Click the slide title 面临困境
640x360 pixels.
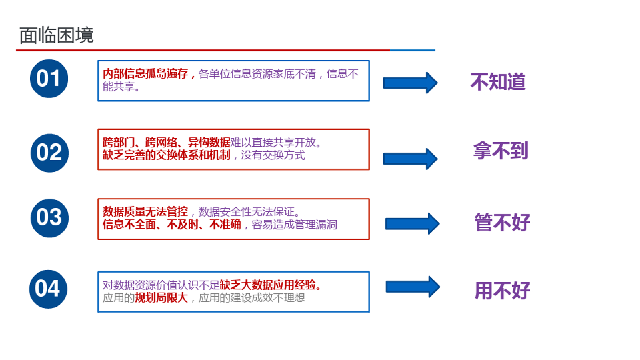(x=56, y=35)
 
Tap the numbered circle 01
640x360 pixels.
(x=48, y=79)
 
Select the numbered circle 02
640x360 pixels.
(x=48, y=152)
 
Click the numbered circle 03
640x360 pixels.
(x=48, y=217)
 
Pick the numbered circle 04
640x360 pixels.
(x=48, y=289)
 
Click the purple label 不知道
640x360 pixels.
(x=498, y=82)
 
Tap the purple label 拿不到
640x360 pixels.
(x=501, y=151)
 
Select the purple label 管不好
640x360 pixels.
(x=502, y=222)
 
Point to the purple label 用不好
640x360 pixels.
(x=502, y=290)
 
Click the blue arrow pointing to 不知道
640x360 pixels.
(x=409, y=82)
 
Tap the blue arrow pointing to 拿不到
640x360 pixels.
(x=409, y=159)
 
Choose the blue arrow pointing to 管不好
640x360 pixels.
(x=412, y=224)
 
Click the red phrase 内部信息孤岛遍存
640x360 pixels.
(x=145, y=74)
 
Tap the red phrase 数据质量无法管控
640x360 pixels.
(x=145, y=211)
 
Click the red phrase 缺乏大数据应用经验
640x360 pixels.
(x=270, y=286)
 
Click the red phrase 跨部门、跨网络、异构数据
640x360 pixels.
(x=166, y=142)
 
